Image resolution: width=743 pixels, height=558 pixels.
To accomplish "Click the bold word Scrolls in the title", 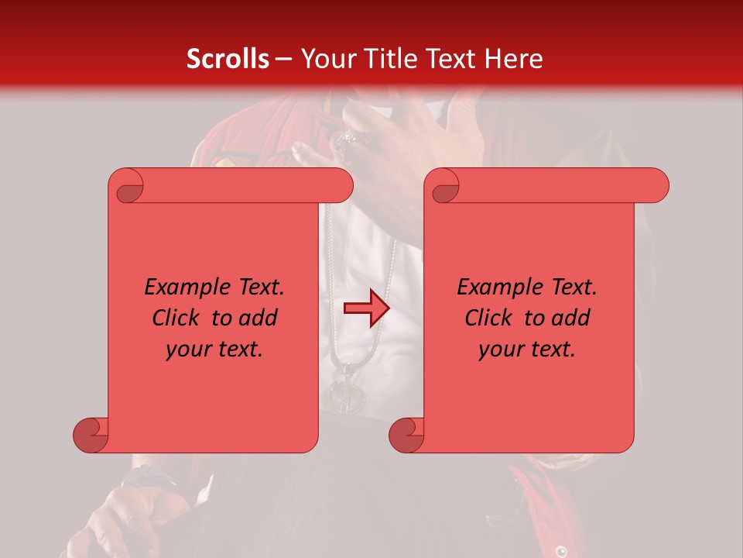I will click(228, 59).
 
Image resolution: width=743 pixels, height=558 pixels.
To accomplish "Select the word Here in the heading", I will click(514, 59).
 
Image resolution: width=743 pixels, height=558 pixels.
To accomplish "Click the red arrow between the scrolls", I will click(366, 308).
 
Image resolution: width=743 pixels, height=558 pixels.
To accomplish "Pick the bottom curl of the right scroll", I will click(407, 435).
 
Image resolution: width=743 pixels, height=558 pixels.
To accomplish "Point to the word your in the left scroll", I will click(186, 350).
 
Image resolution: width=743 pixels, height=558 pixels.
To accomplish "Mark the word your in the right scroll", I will click(498, 350).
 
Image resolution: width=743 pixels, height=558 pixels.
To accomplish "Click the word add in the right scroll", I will click(572, 318).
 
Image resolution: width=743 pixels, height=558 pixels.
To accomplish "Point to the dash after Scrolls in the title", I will click(283, 59).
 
